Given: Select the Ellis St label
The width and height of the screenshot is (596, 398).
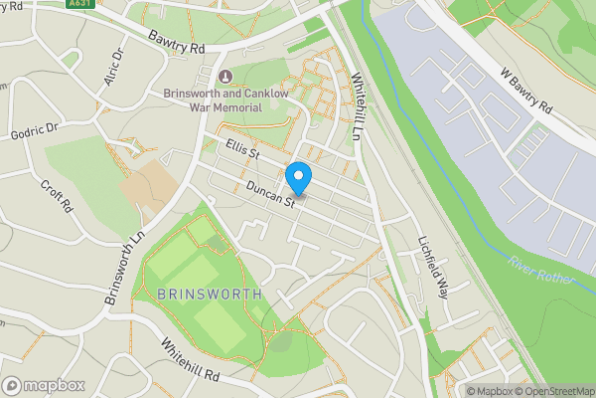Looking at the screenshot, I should (241, 150).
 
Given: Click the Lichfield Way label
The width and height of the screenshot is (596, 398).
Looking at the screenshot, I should (433, 264).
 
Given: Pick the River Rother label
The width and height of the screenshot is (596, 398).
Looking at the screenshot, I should (542, 270).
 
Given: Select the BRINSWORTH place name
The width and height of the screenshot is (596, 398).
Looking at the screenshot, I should (210, 294).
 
